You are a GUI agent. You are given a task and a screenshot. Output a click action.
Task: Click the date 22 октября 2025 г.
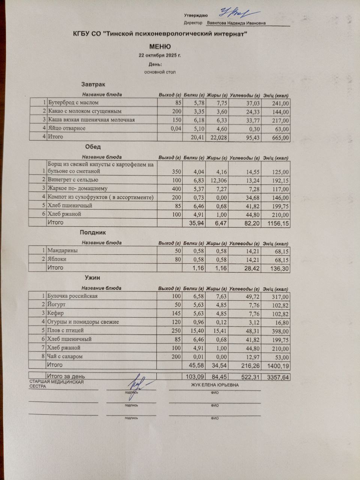click(x=160, y=55)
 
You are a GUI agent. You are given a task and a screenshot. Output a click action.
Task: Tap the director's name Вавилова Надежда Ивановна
click(x=236, y=23)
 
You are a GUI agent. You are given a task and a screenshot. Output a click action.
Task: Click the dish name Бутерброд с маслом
click(x=73, y=102)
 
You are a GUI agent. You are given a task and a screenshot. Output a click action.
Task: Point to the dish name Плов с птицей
click(x=65, y=330)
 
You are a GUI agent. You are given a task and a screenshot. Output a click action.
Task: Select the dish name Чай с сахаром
click(x=64, y=356)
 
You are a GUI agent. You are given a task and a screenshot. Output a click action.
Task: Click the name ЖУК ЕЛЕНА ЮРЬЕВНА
click(x=214, y=385)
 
